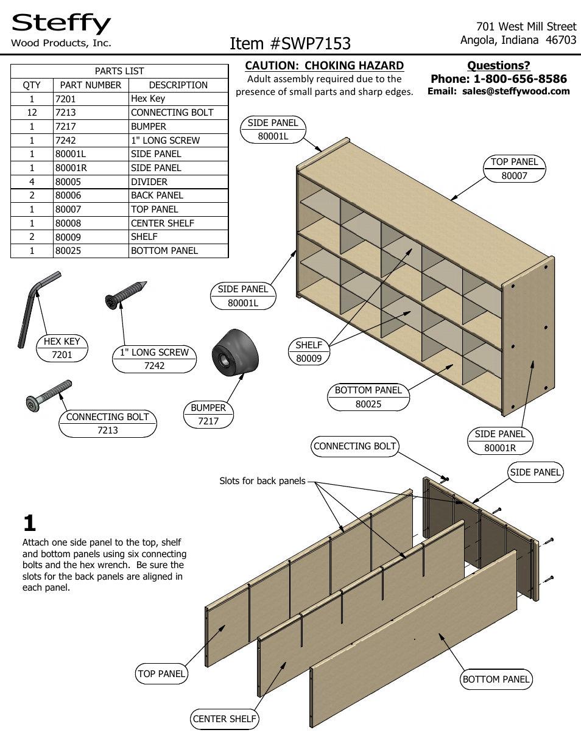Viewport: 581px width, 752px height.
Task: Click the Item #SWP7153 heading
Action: (x=290, y=43)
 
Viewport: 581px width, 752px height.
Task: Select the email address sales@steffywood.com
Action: (x=516, y=91)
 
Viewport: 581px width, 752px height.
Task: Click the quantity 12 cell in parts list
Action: (x=32, y=113)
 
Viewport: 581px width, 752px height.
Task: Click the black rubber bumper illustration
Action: (x=234, y=353)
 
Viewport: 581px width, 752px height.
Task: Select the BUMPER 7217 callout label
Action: (x=208, y=415)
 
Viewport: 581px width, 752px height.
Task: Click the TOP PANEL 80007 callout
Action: (x=515, y=169)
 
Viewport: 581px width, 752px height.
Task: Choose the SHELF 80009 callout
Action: (x=309, y=352)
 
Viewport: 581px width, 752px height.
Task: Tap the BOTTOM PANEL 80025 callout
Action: (x=368, y=397)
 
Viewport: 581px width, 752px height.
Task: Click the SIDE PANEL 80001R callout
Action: (x=500, y=441)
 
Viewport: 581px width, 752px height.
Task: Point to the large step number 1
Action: (x=29, y=524)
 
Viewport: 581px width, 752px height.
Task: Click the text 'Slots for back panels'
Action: (x=262, y=481)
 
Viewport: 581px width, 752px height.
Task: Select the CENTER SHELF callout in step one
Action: (x=224, y=719)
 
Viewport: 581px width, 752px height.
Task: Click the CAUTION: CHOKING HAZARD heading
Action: (x=324, y=66)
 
